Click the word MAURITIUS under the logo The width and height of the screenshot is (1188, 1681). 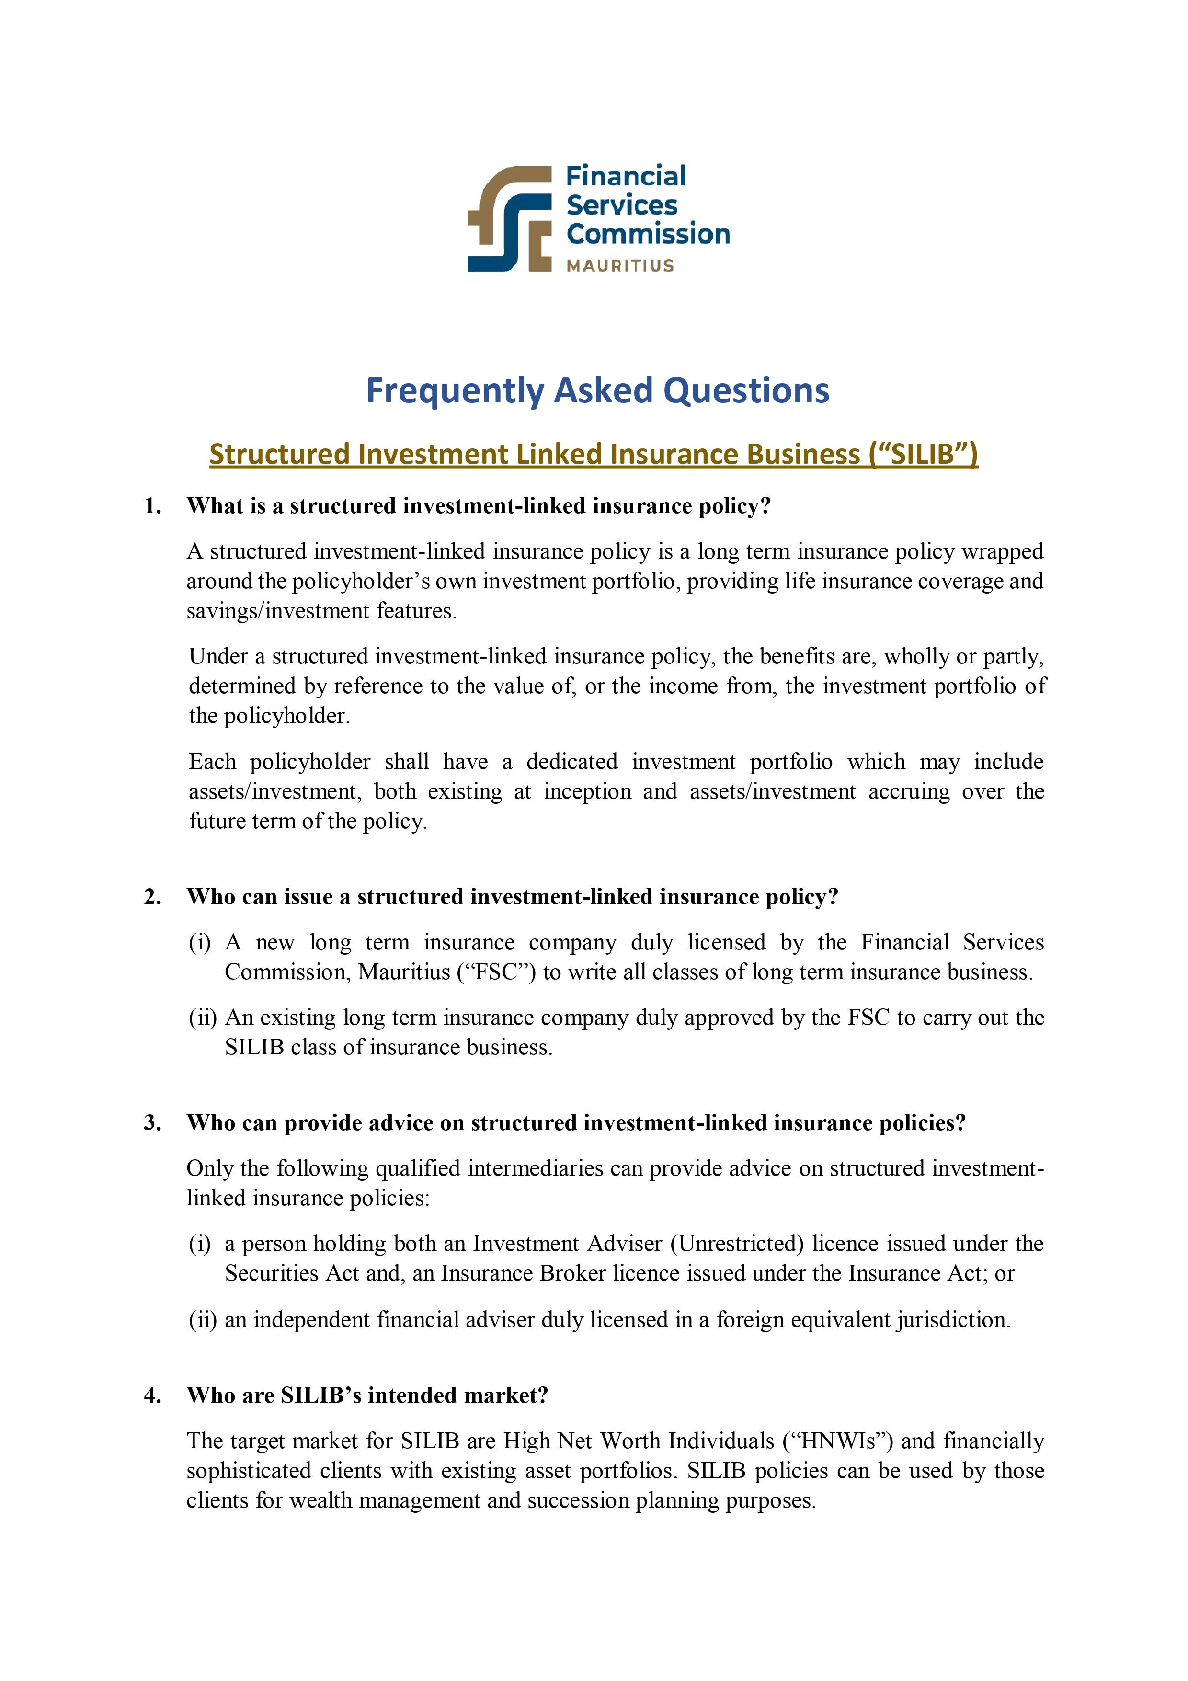[x=619, y=266]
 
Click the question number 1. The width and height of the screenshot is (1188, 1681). [x=152, y=506]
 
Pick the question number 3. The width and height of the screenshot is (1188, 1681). [x=152, y=1122]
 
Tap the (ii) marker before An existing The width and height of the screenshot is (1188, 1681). [x=203, y=1018]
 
